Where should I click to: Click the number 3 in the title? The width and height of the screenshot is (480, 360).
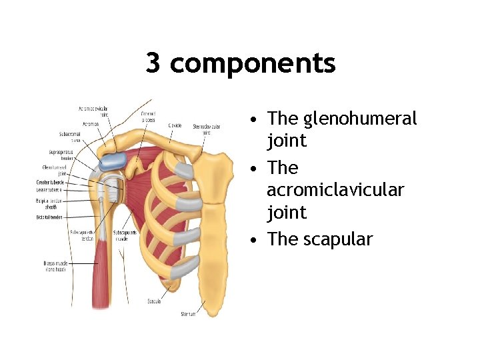[x=153, y=64]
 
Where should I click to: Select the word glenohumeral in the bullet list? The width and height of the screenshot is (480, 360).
[x=360, y=119]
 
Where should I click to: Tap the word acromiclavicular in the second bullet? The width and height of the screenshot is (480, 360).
[x=335, y=190]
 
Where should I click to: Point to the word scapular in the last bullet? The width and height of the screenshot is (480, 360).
[x=338, y=239]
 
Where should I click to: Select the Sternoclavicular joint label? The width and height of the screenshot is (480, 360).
[x=207, y=129]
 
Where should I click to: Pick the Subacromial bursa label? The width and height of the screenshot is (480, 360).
[x=70, y=137]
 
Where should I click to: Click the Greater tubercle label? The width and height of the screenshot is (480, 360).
[x=51, y=182]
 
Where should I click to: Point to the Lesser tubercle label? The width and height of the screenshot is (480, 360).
[x=51, y=189]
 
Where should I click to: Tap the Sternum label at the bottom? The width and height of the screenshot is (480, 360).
[x=188, y=313]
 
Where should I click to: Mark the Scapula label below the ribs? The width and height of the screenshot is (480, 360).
[x=154, y=301]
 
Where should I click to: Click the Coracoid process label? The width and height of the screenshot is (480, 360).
[x=148, y=117]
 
